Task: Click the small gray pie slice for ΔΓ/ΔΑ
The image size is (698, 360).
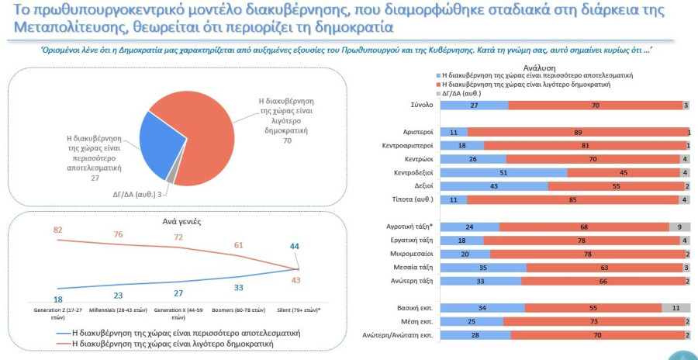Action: pyautogui.click(x=171, y=177)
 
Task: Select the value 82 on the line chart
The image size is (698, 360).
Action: pyautogui.click(x=58, y=230)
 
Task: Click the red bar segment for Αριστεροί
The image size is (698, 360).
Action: pyautogui.click(x=577, y=132)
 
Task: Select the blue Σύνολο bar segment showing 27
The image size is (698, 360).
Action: pyautogui.click(x=474, y=105)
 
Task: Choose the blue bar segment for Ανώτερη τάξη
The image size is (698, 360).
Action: pyautogui.click(x=481, y=281)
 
